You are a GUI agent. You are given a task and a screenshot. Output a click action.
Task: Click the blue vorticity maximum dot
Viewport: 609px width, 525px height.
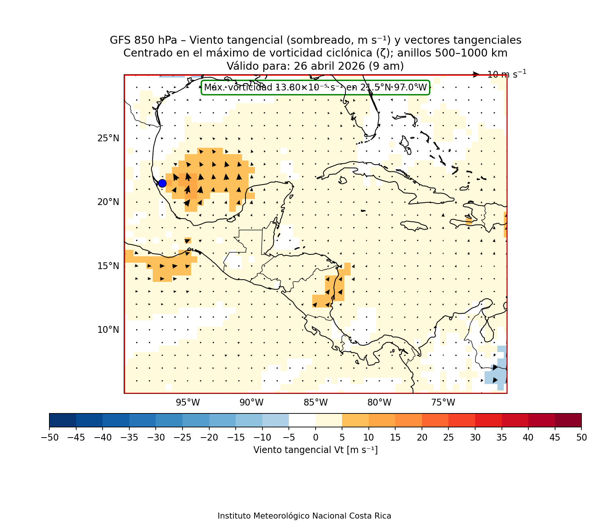click(x=162, y=183)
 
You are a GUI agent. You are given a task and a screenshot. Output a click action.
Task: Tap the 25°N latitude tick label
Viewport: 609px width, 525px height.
click(x=108, y=138)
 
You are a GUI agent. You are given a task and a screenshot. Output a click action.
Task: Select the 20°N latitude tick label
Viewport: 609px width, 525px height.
click(x=108, y=202)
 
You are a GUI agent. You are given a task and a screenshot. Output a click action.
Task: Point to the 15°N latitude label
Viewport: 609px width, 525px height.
click(x=108, y=266)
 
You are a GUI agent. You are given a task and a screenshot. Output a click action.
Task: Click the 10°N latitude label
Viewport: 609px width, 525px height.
click(x=108, y=330)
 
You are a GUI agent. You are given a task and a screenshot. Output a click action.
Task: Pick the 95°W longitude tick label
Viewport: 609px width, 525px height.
click(x=188, y=403)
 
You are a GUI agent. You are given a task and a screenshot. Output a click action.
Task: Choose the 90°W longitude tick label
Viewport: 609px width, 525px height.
click(x=252, y=403)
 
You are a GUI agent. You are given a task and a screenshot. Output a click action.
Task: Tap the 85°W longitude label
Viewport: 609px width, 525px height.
click(x=316, y=403)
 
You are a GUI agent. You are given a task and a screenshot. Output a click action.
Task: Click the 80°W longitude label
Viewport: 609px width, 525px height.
click(x=379, y=403)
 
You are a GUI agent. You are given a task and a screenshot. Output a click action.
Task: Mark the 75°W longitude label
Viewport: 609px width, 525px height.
click(x=443, y=403)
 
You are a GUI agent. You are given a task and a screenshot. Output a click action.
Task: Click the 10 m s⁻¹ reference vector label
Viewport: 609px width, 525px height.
click(x=506, y=74)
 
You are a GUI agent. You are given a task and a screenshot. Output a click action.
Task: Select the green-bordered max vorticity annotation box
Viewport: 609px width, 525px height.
click(x=315, y=87)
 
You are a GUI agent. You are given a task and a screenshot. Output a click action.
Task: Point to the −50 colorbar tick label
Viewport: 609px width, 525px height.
click(x=49, y=437)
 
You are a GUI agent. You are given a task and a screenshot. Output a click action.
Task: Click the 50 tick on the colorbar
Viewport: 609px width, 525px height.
click(x=581, y=437)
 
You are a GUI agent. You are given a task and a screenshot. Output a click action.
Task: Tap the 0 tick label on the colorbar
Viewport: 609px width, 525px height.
click(x=315, y=437)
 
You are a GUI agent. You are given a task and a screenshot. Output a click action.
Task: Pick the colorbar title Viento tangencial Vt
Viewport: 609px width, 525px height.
click(x=315, y=450)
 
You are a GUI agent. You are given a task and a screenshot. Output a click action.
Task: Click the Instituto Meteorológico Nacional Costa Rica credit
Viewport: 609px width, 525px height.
click(x=304, y=516)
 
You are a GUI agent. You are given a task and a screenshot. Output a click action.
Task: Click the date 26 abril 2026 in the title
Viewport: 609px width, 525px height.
click(x=329, y=66)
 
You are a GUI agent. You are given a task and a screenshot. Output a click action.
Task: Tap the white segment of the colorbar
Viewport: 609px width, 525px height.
click(x=302, y=420)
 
